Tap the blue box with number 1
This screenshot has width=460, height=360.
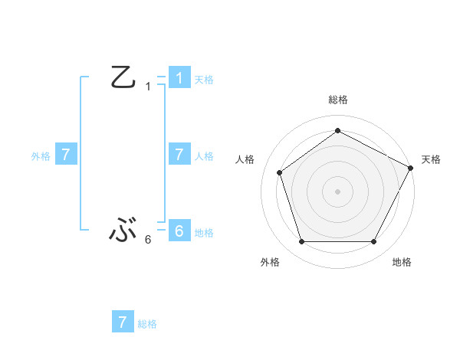pyautogui.click(x=179, y=78)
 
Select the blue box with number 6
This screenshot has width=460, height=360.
pyautogui.click(x=179, y=231)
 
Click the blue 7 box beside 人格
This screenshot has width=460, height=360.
pyautogui.click(x=179, y=155)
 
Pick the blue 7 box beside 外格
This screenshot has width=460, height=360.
pyautogui.click(x=66, y=155)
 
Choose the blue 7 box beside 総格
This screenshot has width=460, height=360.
pyautogui.click(x=123, y=322)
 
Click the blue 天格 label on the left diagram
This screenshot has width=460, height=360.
pyautogui.click(x=204, y=79)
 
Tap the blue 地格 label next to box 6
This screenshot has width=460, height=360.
pyautogui.click(x=204, y=232)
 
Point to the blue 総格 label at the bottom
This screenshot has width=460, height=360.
pyautogui.click(x=147, y=324)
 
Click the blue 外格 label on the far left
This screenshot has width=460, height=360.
pyautogui.click(x=41, y=155)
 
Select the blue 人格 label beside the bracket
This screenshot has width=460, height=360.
pyautogui.click(x=204, y=155)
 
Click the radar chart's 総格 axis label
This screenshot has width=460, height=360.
pyautogui.click(x=338, y=100)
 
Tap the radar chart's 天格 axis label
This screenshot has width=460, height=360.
pyautogui.click(x=431, y=159)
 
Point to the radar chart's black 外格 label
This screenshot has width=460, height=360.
pyautogui.click(x=270, y=262)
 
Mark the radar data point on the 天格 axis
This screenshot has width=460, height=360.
pyautogui.click(x=411, y=168)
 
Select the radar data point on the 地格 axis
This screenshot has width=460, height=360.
pyautogui.click(x=374, y=242)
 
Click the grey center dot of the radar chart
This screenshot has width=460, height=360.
pyautogui.click(x=338, y=191)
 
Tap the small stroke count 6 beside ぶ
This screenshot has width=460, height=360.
pyautogui.click(x=148, y=240)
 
